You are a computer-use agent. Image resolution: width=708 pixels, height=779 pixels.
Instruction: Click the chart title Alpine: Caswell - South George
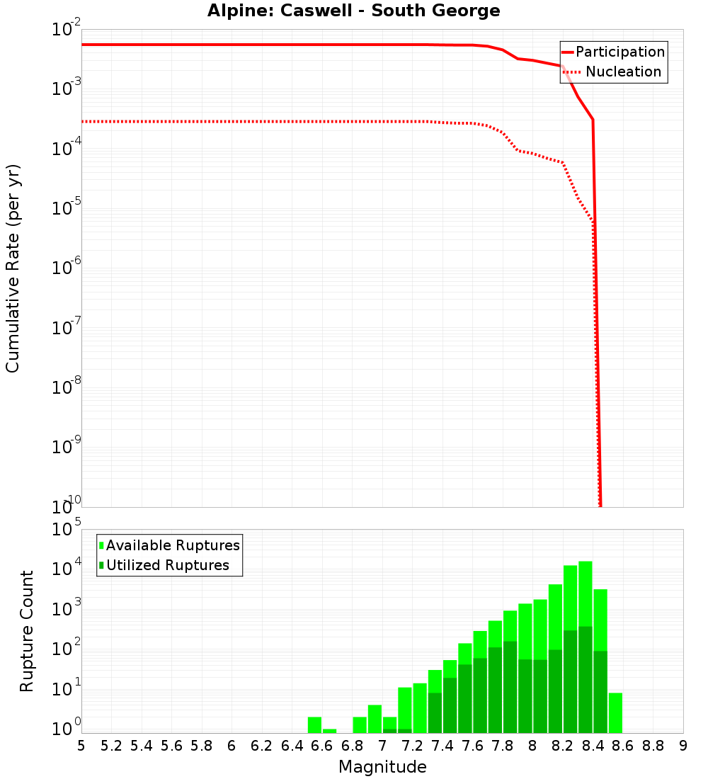click(353, 11)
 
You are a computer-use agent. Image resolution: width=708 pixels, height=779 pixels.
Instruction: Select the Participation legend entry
click(619, 52)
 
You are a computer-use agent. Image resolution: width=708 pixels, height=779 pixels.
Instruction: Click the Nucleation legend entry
click(623, 72)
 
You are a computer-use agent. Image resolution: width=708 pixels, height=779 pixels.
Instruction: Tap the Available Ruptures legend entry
click(173, 545)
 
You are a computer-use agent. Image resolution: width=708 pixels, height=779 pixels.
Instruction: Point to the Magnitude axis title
click(382, 767)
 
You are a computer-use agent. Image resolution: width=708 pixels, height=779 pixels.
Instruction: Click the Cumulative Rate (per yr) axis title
click(13, 268)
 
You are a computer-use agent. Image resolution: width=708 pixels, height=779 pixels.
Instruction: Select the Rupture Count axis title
click(27, 631)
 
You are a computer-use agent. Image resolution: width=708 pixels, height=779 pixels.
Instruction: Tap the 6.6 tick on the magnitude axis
click(322, 746)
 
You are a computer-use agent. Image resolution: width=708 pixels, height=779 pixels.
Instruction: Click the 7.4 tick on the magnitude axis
click(442, 746)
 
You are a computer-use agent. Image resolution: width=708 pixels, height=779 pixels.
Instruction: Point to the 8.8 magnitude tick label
click(653, 746)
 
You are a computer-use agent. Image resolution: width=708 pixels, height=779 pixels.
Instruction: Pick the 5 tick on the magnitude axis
click(81, 746)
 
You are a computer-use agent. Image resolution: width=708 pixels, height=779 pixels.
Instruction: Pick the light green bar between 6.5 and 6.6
click(314, 724)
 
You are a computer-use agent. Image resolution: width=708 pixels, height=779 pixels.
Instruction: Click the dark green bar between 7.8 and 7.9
click(510, 687)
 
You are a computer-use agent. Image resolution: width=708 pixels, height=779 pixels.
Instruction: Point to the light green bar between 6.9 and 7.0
click(375, 719)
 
